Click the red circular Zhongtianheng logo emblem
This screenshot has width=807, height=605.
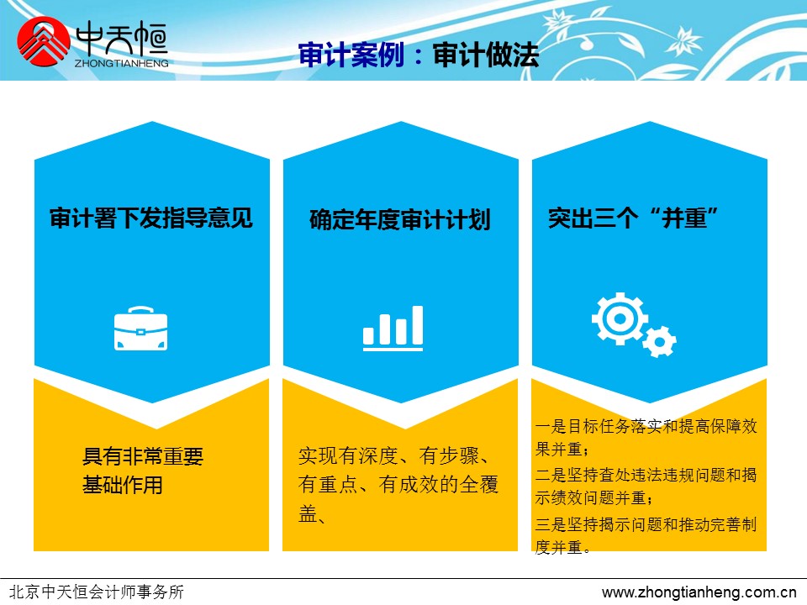43,42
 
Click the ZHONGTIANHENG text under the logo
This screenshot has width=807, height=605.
121,63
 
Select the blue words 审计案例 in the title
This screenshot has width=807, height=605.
351,55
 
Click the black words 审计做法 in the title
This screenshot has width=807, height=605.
485,55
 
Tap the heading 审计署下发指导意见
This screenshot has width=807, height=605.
151,218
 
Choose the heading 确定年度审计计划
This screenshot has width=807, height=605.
400,219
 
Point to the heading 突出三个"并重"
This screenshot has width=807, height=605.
633,218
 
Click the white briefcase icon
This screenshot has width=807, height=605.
140,329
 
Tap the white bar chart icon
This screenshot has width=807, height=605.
393,329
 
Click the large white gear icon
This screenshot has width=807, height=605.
620,318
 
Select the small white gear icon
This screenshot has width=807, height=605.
659,342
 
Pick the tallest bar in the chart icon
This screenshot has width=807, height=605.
418,325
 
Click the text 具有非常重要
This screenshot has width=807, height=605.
143,456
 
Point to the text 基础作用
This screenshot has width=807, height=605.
123,485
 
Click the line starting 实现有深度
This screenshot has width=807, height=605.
393,455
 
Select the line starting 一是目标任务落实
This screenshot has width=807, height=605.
646,426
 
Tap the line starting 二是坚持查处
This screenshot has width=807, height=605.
646,475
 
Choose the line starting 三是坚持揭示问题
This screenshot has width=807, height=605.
646,524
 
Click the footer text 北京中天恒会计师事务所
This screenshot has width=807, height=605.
97,592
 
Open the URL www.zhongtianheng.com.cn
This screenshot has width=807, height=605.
699,592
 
